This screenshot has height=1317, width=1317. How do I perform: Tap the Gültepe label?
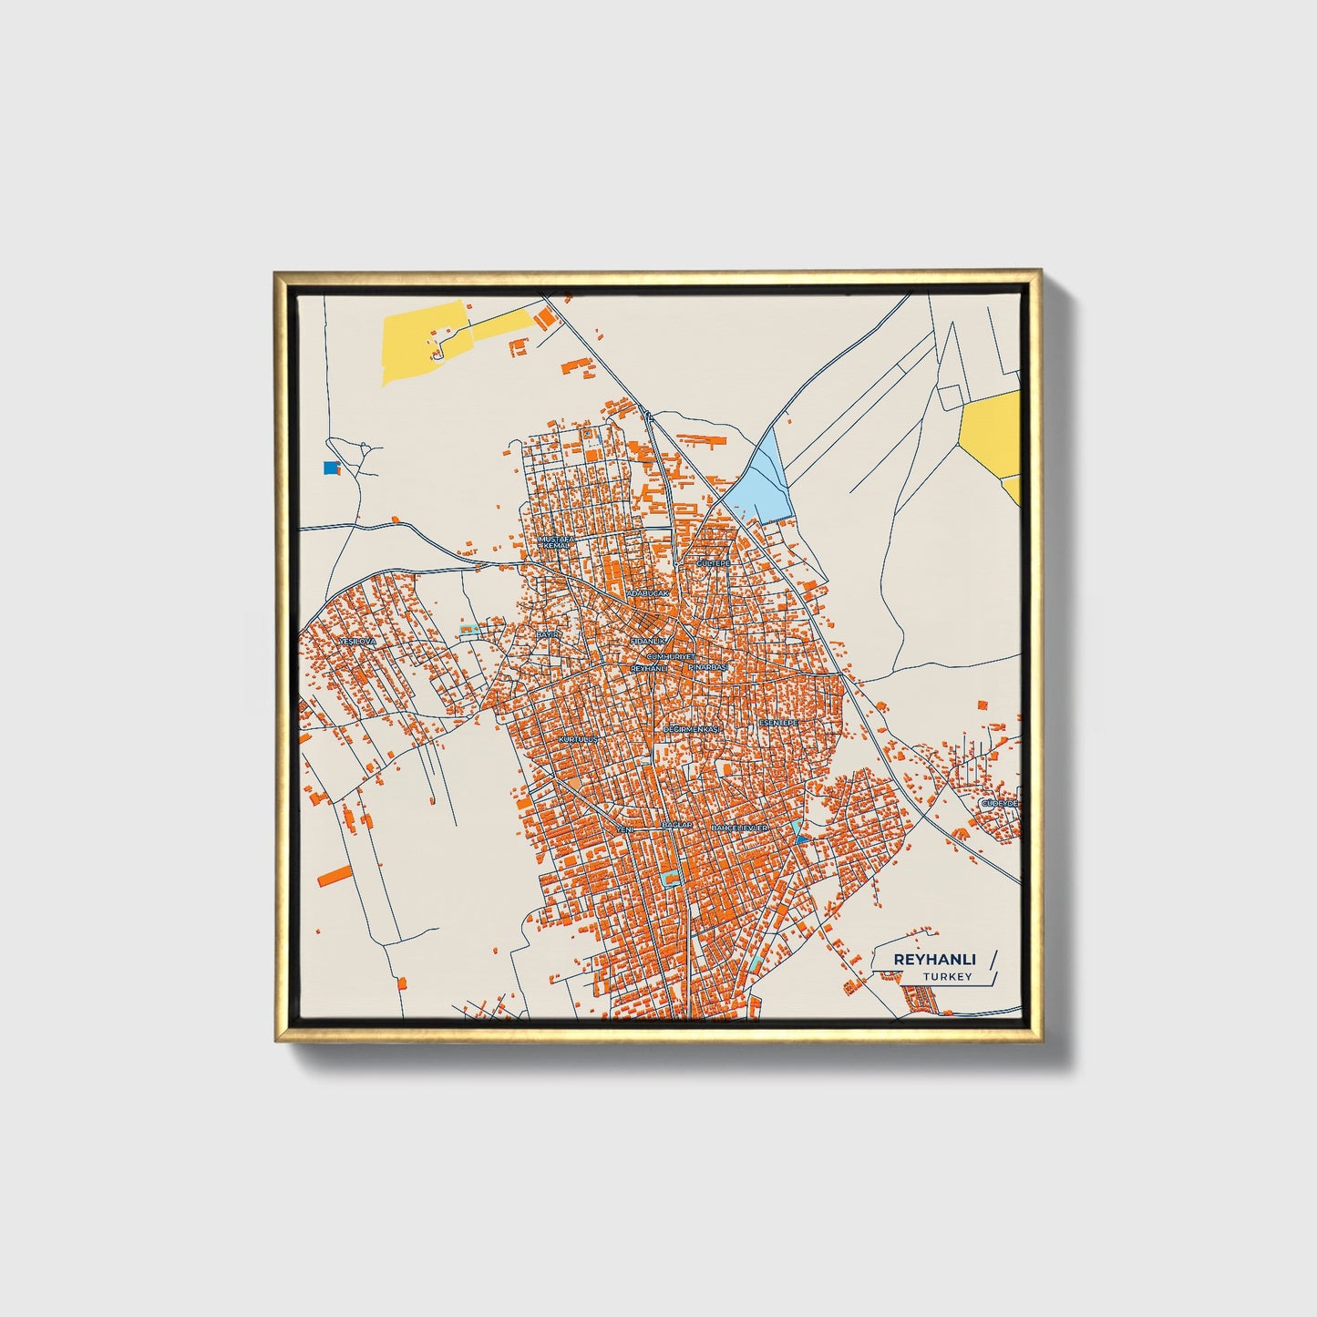click(715, 564)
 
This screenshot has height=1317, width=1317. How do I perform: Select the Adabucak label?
click(647, 593)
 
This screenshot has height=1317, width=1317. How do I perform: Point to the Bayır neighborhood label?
click(547, 634)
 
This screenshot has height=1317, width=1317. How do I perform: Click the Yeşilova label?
click(357, 642)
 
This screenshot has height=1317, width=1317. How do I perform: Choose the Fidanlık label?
click(648, 642)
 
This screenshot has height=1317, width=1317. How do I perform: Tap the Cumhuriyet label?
click(671, 656)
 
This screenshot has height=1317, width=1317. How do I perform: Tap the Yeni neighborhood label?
click(625, 829)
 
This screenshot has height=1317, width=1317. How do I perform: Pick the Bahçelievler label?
click(740, 828)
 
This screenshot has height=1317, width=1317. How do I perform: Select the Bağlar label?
click(677, 825)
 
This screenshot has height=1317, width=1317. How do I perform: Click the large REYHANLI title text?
click(934, 960)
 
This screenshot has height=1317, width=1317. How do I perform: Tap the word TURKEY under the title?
click(947, 977)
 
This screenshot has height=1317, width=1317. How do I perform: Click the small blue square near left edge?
click(330, 468)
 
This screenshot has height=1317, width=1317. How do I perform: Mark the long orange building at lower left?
click(335, 875)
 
